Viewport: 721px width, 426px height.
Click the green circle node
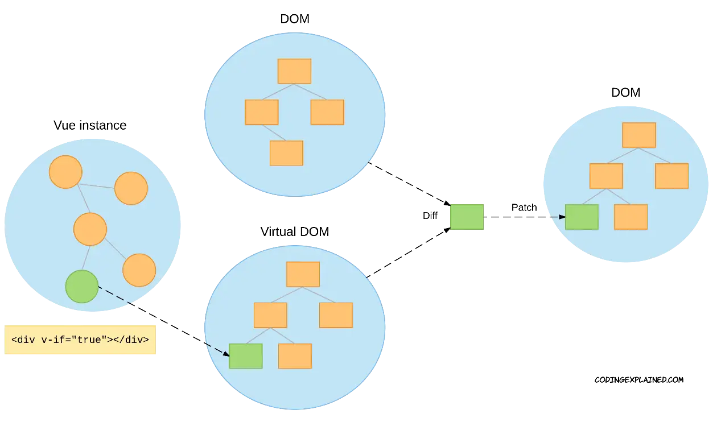click(x=82, y=287)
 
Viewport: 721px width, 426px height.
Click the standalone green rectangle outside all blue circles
click(x=467, y=217)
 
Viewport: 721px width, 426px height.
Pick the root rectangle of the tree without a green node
click(x=294, y=71)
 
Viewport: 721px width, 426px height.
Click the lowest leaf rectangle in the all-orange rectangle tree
click(x=286, y=153)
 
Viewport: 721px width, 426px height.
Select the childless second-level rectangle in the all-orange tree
click(x=327, y=112)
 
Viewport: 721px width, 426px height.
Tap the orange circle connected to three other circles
click(x=90, y=229)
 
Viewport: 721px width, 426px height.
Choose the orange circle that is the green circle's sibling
click(x=139, y=270)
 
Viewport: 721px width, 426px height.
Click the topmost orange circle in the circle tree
click(x=65, y=172)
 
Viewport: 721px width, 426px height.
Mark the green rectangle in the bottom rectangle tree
click(x=246, y=356)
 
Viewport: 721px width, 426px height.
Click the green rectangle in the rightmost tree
click(x=582, y=217)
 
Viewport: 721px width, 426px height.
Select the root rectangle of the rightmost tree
click(x=639, y=135)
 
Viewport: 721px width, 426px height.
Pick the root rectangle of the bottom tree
click(x=303, y=274)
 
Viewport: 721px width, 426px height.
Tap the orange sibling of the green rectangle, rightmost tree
click(x=631, y=217)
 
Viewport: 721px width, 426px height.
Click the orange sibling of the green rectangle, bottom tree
click(x=295, y=356)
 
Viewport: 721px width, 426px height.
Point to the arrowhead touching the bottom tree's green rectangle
click(x=225, y=353)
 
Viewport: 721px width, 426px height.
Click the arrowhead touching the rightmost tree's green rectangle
click(x=562, y=217)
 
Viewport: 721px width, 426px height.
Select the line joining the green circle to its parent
click(x=85, y=258)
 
